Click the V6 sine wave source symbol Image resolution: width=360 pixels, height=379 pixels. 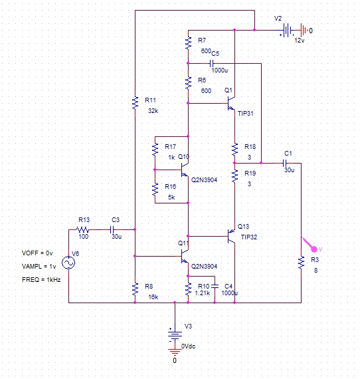point(68,263)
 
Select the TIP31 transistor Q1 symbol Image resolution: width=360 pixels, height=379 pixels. point(231,104)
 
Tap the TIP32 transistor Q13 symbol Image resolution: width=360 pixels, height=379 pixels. point(231,236)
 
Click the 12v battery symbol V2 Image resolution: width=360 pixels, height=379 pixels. point(287,31)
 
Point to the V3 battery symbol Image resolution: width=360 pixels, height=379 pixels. point(175,335)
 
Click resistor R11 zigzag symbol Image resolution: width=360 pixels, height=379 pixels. point(135,102)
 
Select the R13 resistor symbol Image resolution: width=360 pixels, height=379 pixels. point(82,229)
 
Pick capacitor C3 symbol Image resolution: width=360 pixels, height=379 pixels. point(112,229)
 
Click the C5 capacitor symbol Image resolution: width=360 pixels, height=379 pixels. point(211,64)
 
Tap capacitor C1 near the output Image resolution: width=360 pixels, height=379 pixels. point(285,163)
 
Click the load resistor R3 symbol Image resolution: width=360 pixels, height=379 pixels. point(301,263)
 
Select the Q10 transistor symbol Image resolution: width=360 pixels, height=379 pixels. point(185,170)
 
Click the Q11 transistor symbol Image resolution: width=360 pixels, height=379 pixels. point(185,256)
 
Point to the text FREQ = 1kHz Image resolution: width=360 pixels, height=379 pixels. point(41,280)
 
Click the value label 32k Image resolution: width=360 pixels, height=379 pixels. point(153,111)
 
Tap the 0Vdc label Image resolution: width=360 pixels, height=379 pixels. point(189,346)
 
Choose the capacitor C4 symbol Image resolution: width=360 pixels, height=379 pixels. point(215,286)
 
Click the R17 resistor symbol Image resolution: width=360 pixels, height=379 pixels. point(155,150)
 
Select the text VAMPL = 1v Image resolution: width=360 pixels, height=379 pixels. point(39,267)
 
